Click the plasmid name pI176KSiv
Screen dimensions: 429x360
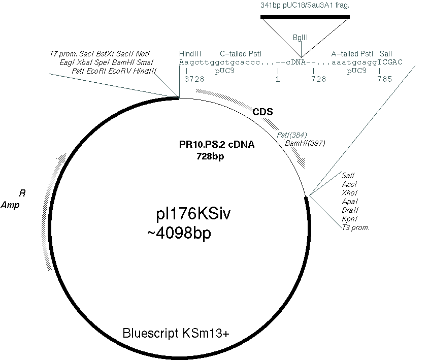[x=193, y=214]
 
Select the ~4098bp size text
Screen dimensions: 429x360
[x=179, y=234]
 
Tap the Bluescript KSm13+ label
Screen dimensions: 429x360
[x=176, y=333]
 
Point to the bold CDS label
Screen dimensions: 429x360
[x=262, y=112]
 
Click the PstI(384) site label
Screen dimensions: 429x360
[x=292, y=135]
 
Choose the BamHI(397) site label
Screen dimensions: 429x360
[x=305, y=143]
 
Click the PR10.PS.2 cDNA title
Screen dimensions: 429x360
[x=217, y=144]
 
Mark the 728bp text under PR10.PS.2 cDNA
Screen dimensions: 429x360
[x=210, y=156]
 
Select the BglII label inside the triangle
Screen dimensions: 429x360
[x=301, y=38]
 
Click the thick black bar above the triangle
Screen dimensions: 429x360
[x=305, y=17]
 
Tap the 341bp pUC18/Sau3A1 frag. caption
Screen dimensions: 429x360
[x=305, y=5]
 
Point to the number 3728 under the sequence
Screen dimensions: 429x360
[x=194, y=79]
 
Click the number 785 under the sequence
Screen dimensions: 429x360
[x=385, y=79]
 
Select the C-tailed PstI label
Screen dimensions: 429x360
[x=241, y=54]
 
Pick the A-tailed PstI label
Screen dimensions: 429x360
[x=352, y=54]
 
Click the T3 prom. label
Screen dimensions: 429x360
[x=356, y=227]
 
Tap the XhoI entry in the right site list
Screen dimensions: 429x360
[x=350, y=192]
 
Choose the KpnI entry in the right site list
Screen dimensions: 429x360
[x=350, y=218]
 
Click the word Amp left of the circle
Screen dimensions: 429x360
[x=10, y=205]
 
